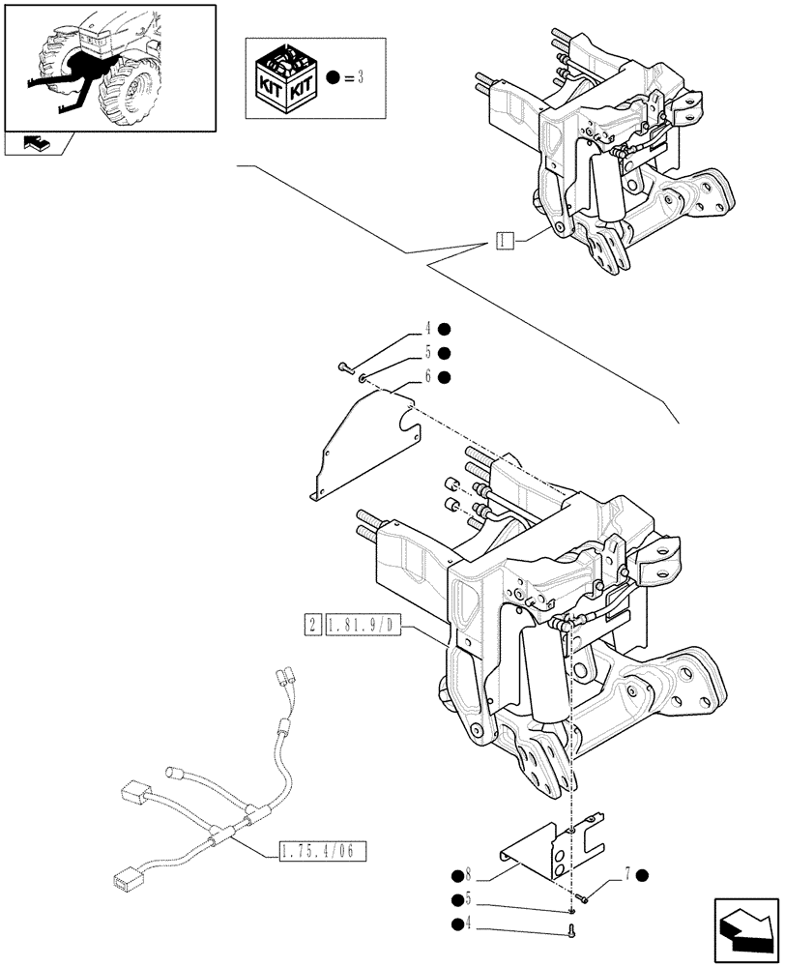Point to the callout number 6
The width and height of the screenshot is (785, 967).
click(427, 376)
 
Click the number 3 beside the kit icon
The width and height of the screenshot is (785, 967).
click(359, 77)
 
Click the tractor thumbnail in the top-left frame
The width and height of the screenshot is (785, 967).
click(108, 66)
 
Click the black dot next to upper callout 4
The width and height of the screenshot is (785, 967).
click(445, 331)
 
